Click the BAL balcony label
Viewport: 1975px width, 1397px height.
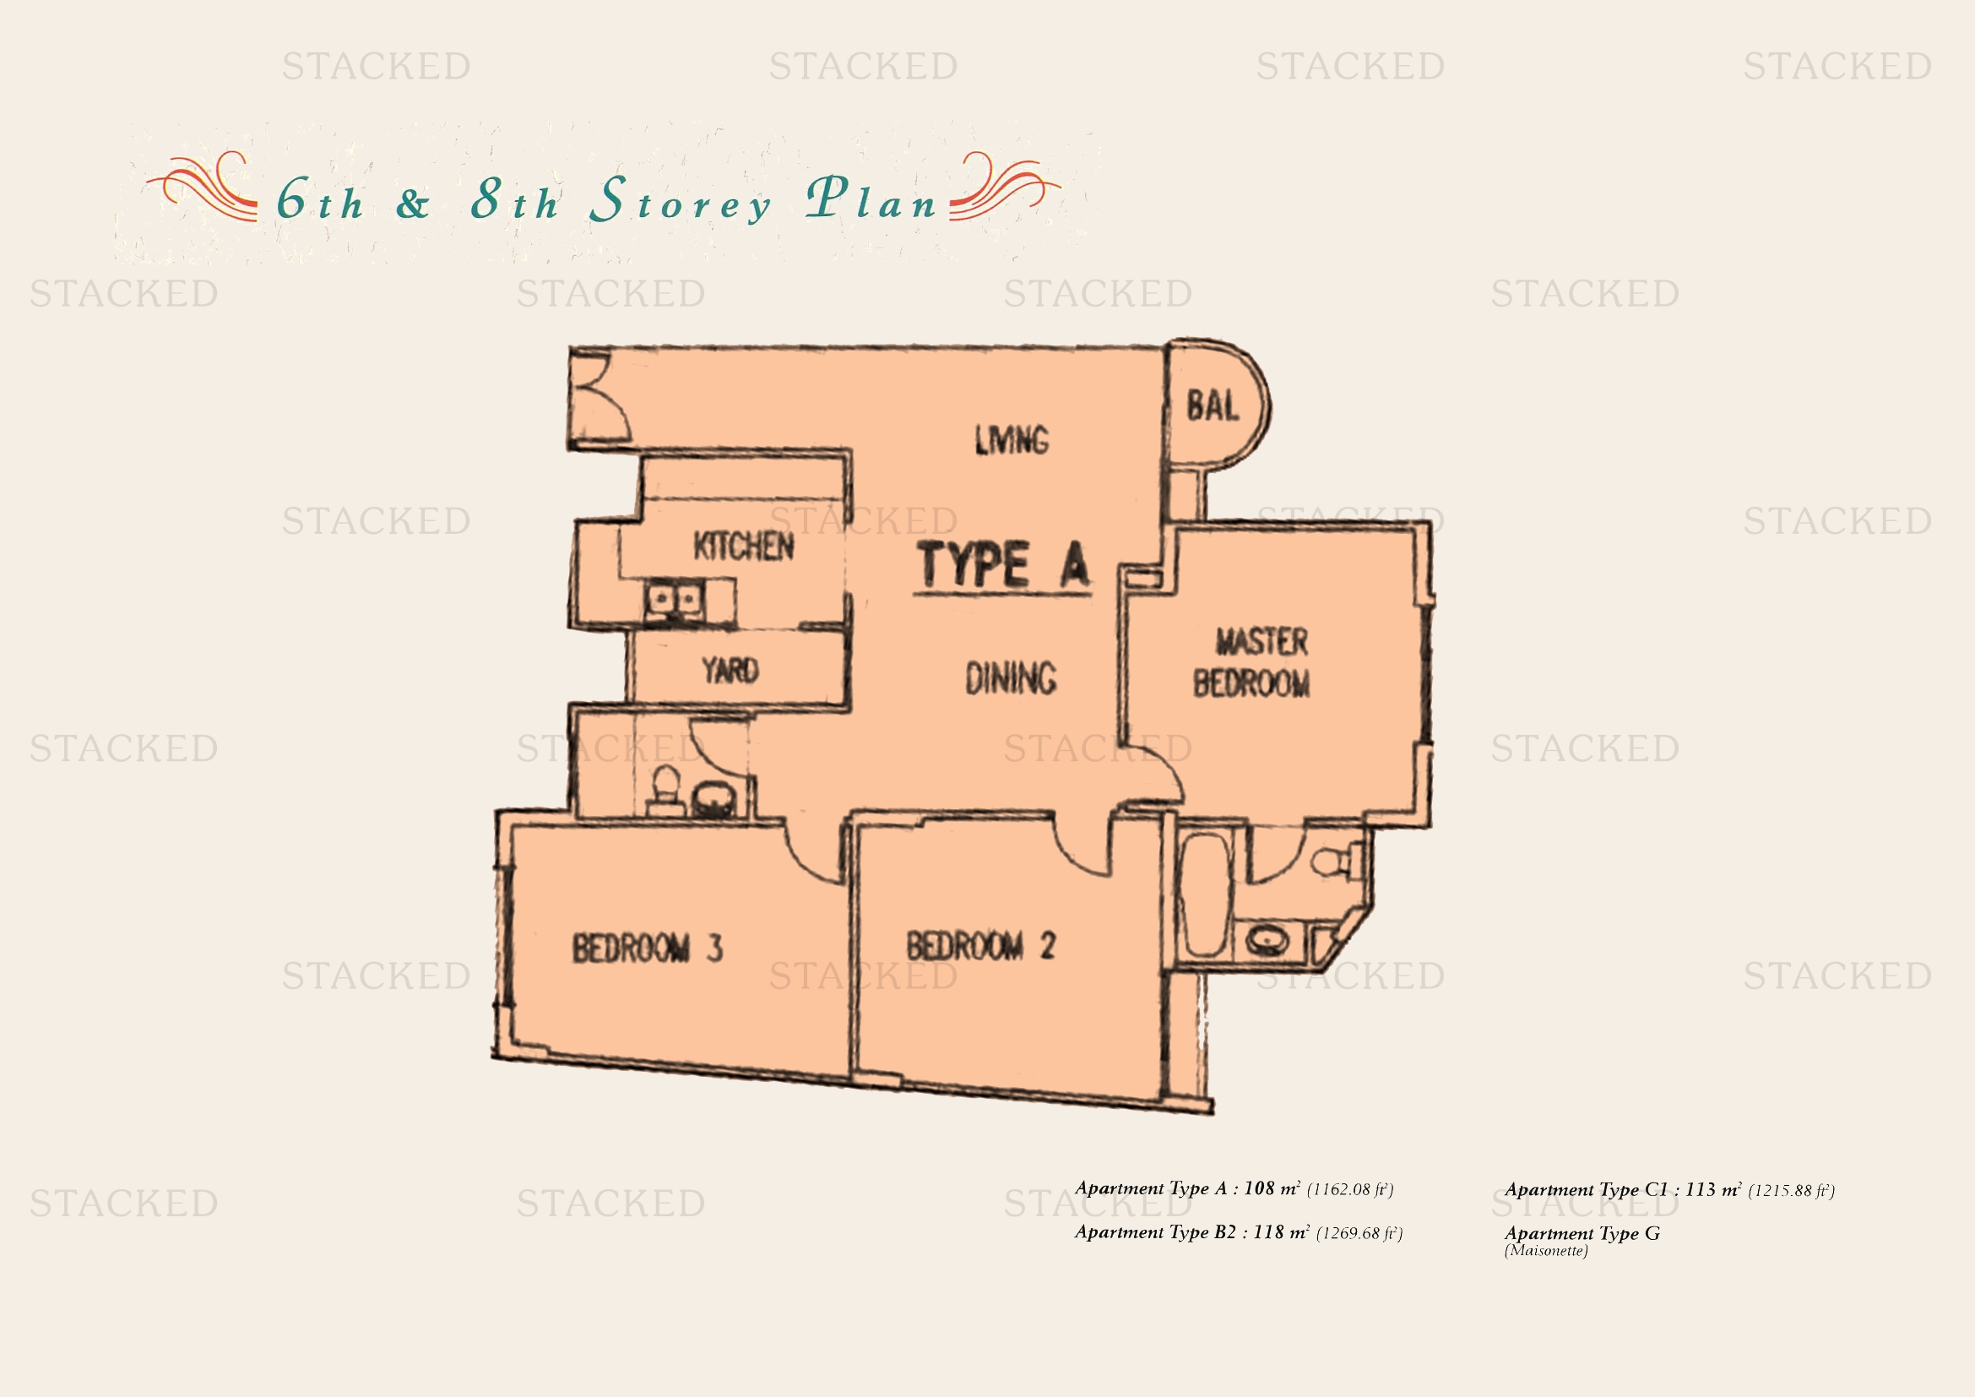(1213, 406)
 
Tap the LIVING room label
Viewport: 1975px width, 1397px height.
(1012, 439)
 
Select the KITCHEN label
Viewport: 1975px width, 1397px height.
(743, 546)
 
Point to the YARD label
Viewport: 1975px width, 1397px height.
(730, 670)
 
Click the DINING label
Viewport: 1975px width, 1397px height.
(1011, 678)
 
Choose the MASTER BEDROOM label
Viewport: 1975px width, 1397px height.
(1252, 662)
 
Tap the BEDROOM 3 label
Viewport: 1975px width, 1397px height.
(648, 948)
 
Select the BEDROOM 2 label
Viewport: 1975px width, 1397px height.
(980, 945)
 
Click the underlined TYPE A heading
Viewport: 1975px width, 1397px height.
(1004, 565)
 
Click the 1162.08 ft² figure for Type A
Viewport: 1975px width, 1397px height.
(1349, 1190)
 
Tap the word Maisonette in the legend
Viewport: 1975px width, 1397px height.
(1546, 1251)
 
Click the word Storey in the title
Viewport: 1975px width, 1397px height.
(681, 200)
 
